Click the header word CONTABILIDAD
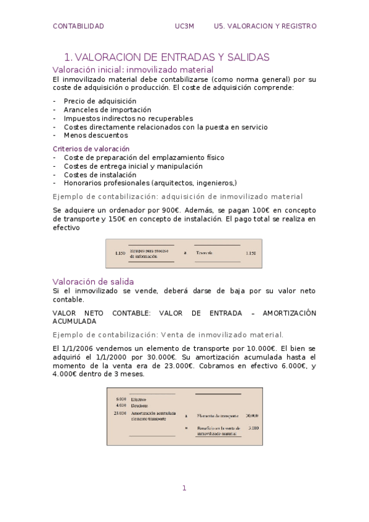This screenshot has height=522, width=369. tap(78, 26)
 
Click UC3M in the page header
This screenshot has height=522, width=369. tap(184, 26)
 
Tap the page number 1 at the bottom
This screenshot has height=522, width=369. tap(184, 488)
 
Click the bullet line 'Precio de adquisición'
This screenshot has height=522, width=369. tap(91, 101)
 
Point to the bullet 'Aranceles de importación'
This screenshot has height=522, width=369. tap(99, 110)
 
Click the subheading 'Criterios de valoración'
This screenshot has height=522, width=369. tap(91, 148)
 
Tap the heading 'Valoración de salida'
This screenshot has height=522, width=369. tap(94, 281)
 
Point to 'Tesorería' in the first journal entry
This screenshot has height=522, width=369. tap(205, 253)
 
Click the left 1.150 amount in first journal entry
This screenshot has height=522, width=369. tap(120, 253)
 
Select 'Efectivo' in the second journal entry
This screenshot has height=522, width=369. tap(139, 399)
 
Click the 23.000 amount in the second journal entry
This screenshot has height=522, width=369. tap(120, 413)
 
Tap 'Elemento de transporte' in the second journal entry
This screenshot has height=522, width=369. tap(217, 416)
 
